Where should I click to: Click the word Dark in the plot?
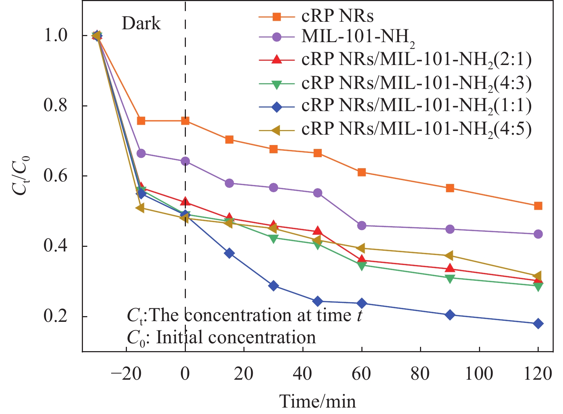[x=141, y=24]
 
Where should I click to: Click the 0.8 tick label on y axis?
[x=55, y=106]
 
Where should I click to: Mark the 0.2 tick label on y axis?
[x=55, y=317]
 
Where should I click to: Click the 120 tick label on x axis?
[x=538, y=374]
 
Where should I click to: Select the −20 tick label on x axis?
[x=126, y=374]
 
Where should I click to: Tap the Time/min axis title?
[x=317, y=401]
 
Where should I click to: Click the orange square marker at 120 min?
[x=538, y=206]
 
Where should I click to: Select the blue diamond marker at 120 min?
[x=538, y=324]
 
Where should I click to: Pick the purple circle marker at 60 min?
[x=362, y=226]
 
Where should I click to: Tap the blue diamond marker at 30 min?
[x=273, y=286]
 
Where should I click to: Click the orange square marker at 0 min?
[x=185, y=121]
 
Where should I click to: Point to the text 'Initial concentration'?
[x=236, y=338]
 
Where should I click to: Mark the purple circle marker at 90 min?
[x=450, y=229]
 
